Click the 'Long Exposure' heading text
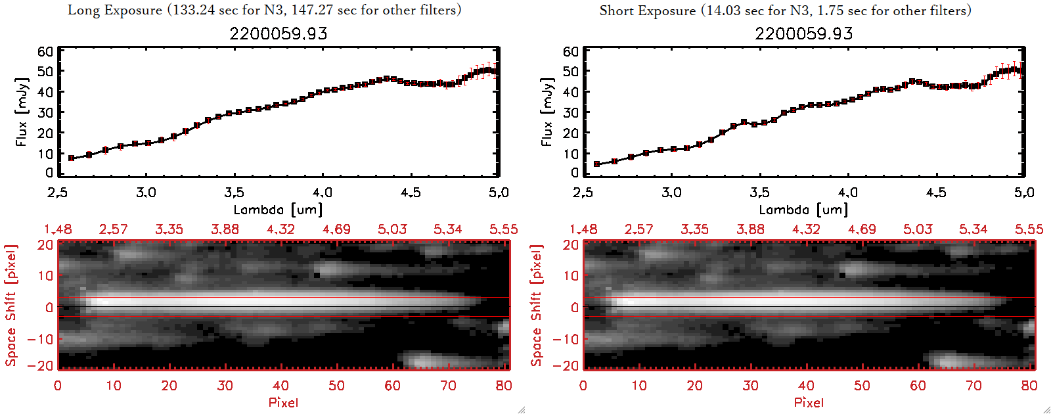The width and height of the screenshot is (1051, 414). pos(115,10)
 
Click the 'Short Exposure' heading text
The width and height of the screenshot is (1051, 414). pos(647,11)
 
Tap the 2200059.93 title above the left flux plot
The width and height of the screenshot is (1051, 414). pos(278,34)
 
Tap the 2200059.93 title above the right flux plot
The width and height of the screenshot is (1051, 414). pos(803,34)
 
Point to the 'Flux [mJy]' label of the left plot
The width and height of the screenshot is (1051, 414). pos(22,112)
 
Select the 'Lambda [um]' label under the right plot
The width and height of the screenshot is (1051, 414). pos(803,210)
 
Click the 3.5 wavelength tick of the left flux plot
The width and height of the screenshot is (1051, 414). pos(234,193)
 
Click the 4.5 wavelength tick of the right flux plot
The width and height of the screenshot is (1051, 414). pos(936,193)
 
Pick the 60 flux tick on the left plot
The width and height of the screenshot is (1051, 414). pos(45,52)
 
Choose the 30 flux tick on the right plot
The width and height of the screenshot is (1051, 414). pos(570,112)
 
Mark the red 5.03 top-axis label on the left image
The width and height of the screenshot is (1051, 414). pos(392,229)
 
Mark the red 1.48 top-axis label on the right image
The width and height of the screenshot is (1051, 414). pos(583,229)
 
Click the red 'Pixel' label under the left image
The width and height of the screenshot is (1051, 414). pos(283,402)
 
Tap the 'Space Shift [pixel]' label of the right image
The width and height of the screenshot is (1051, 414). pos(537,306)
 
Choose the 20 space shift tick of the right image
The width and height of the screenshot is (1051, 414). pos(570,245)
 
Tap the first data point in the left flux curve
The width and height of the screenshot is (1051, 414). pos(71,158)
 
